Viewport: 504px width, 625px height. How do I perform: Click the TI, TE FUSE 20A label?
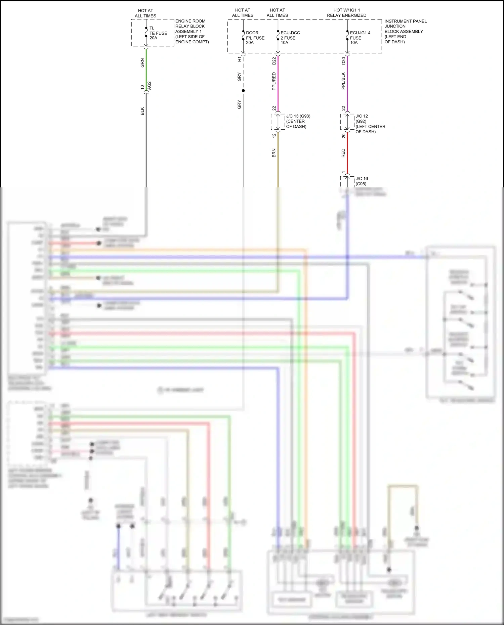point(158,33)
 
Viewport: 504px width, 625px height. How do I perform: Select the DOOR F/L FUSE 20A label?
point(255,38)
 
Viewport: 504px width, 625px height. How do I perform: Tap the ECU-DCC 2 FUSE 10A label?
point(290,38)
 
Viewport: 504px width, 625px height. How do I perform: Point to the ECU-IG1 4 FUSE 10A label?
point(360,38)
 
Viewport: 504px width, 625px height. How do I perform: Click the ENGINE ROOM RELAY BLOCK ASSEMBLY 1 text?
point(192,31)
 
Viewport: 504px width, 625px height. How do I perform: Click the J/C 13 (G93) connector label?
point(298,121)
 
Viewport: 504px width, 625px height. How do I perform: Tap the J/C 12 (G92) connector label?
point(370,124)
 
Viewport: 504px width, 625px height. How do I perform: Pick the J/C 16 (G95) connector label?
point(362,181)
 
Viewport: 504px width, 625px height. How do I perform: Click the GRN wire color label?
point(142,63)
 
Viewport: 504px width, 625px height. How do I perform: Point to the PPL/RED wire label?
point(274,81)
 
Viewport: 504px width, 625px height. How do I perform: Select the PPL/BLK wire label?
point(343,81)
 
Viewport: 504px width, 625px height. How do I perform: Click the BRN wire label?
point(274,153)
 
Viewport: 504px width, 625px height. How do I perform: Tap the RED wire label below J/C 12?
point(343,153)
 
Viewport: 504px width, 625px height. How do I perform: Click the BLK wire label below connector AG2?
point(142,111)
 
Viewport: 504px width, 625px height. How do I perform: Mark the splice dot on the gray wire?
point(243,91)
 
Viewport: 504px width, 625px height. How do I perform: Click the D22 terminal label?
point(274,61)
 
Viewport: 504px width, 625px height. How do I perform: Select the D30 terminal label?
point(343,61)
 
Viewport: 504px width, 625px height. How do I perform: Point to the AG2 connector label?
point(150,85)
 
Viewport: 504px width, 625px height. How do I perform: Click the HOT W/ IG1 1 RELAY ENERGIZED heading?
point(346,13)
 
